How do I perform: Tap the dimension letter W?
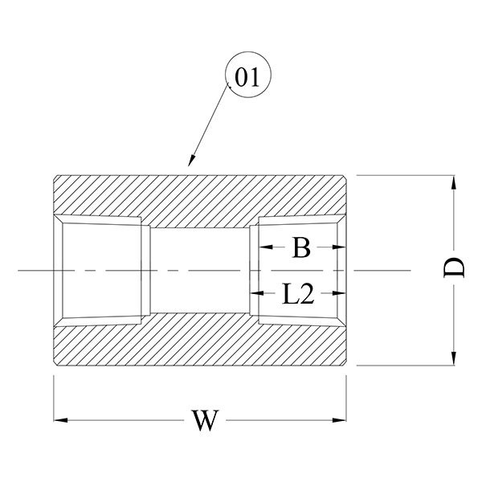coord(206,420)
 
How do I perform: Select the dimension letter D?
coord(455,268)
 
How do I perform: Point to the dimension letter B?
coord(300,248)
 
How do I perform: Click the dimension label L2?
coord(298,294)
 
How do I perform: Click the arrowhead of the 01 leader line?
coord(190,165)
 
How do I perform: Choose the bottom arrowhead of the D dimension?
coord(455,359)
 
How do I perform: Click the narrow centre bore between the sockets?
coord(201,270)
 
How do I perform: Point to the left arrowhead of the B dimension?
coord(255,248)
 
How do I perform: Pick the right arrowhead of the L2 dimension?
coord(343,294)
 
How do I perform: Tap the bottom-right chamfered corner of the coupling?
coord(345,362)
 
